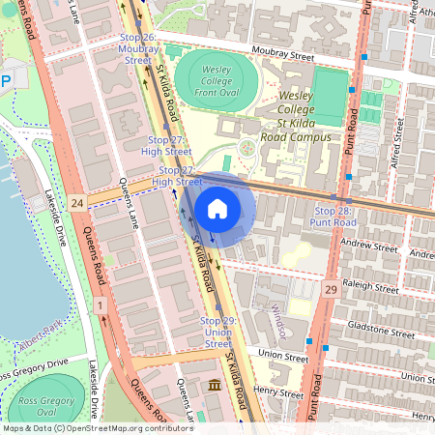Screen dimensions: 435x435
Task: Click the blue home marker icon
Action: [217, 208]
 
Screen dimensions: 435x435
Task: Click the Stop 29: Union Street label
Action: [217, 332]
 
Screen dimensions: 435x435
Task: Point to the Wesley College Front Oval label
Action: [217, 76]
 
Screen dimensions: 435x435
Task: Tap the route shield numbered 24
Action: [77, 201]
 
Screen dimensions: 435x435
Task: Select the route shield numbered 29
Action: [330, 289]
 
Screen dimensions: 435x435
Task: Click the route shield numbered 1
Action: [100, 305]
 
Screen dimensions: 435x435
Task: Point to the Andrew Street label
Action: [370, 247]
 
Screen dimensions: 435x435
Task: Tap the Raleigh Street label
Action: [371, 288]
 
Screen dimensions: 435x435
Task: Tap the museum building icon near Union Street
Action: [214, 386]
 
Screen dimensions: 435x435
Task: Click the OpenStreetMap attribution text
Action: [97, 427]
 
